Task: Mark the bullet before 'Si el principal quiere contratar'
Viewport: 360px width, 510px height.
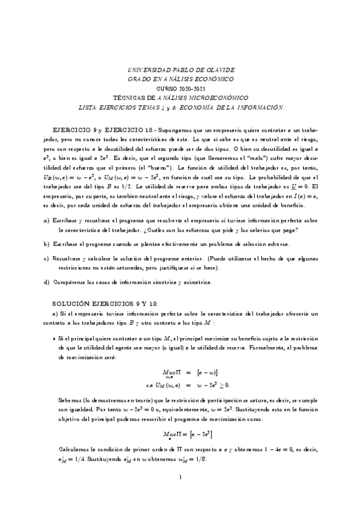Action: tap(55, 340)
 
